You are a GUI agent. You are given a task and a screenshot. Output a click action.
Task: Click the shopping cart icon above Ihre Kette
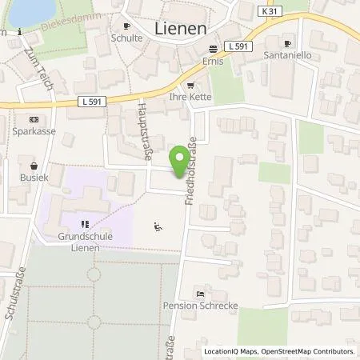190,86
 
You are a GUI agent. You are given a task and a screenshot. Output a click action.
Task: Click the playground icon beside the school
158,226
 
